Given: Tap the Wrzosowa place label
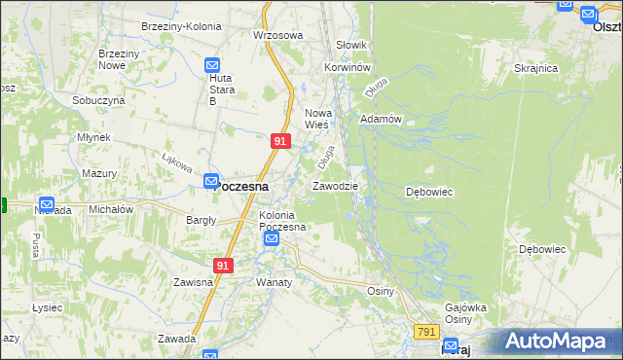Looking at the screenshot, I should [x=278, y=35].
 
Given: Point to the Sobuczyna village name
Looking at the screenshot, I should [x=98, y=100].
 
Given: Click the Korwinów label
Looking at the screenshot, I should [x=348, y=67].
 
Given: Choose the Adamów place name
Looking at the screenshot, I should [x=381, y=119].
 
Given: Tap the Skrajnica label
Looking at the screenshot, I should [x=535, y=69].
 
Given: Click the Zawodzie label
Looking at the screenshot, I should [x=335, y=186].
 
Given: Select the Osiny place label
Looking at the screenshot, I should [x=380, y=291].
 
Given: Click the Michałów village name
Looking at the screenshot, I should [x=110, y=209].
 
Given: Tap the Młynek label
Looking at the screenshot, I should [x=93, y=138].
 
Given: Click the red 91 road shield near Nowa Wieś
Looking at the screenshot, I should [x=280, y=141].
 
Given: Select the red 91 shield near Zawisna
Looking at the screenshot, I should [x=224, y=265].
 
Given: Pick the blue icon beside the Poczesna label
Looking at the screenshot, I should [x=211, y=181].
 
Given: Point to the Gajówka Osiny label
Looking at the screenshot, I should [x=464, y=312].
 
